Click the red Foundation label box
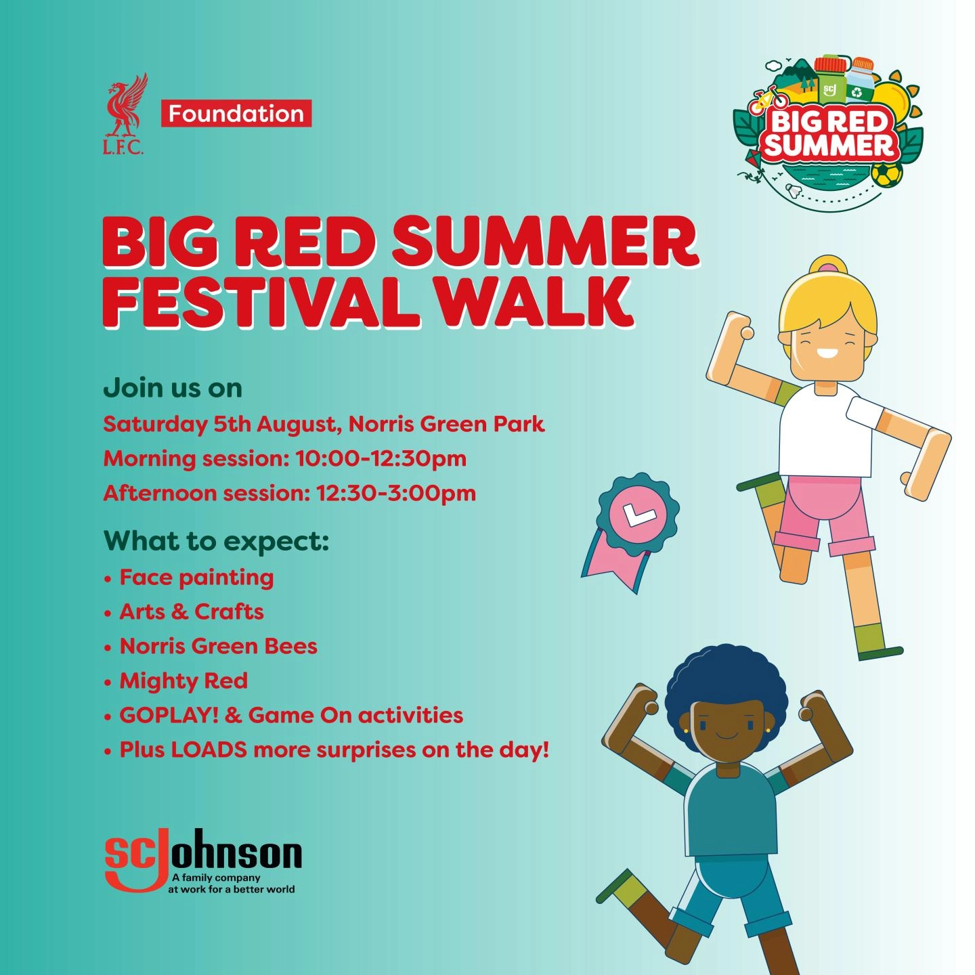(x=236, y=114)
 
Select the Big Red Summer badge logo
(x=829, y=133)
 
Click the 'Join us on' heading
(x=173, y=388)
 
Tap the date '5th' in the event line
(x=232, y=424)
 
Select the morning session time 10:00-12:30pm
(x=381, y=458)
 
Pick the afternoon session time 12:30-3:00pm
(x=395, y=493)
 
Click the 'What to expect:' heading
(x=216, y=541)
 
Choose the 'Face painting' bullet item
(x=196, y=578)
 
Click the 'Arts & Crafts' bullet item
(x=192, y=611)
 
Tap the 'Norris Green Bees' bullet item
(x=218, y=646)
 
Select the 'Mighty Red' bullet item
(x=183, y=680)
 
